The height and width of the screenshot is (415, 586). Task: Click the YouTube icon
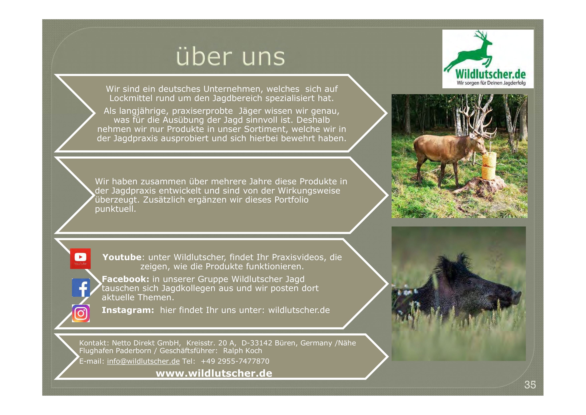80,258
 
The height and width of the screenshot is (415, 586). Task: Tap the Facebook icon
81,288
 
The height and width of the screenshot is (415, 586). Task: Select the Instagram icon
81,313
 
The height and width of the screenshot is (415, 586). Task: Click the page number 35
530,385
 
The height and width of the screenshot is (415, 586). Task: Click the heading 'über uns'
230,57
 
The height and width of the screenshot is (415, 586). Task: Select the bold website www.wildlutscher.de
214,373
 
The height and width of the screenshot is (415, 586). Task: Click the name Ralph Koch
242,351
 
